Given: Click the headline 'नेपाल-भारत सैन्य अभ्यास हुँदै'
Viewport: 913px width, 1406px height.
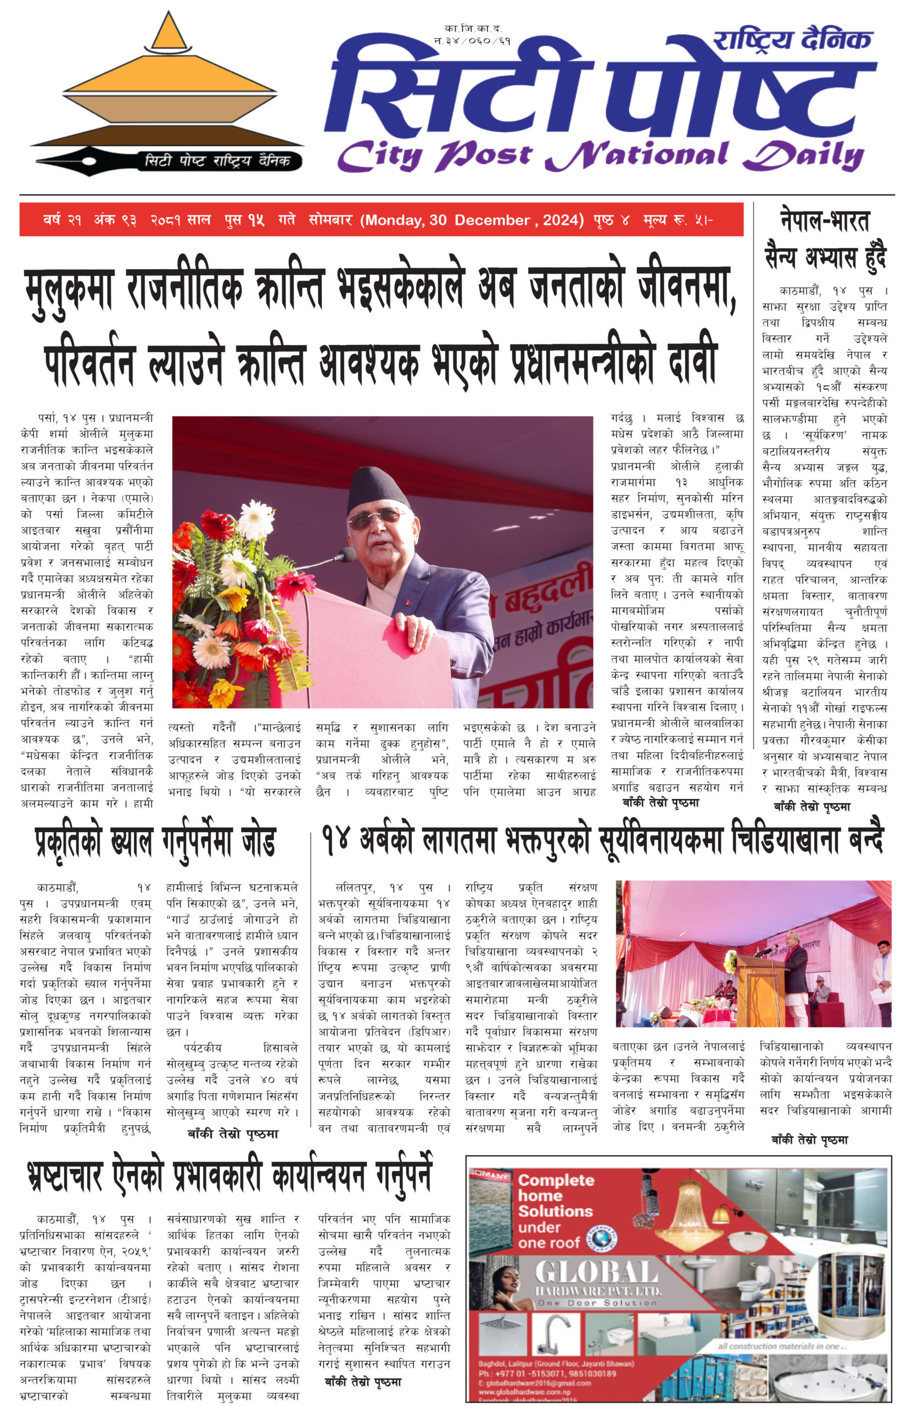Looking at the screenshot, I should [x=825, y=239].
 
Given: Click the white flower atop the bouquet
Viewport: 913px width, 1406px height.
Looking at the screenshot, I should [x=255, y=518].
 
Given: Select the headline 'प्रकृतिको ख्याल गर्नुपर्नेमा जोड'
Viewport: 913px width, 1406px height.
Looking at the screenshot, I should [x=155, y=841].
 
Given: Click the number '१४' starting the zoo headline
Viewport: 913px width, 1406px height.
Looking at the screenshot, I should [x=335, y=839].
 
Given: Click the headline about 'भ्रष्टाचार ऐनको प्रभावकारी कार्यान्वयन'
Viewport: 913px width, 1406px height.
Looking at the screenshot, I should [x=231, y=1176].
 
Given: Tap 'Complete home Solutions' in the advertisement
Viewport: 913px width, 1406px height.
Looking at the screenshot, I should [x=554, y=1210].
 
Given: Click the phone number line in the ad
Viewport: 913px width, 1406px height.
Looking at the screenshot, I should [x=547, y=1374].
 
